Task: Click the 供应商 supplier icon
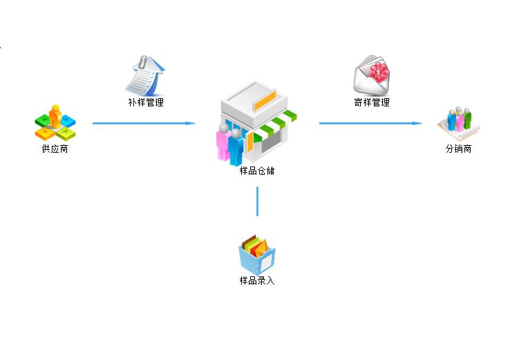(55, 123)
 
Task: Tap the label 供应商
(55, 149)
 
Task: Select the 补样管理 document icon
(145, 76)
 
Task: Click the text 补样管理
(146, 102)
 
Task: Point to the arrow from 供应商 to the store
(144, 124)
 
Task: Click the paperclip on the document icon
(143, 62)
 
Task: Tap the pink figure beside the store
(223, 142)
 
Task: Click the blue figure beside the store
(236, 147)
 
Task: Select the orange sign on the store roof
(265, 101)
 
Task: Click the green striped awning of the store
(274, 125)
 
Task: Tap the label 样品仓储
(257, 171)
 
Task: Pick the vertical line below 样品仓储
(258, 201)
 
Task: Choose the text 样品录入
(257, 281)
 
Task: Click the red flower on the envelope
(379, 72)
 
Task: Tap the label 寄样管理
(372, 102)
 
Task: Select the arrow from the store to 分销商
(370, 124)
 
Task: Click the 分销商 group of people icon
(459, 123)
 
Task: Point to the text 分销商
(458, 149)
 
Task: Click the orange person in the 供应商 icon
(55, 117)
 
